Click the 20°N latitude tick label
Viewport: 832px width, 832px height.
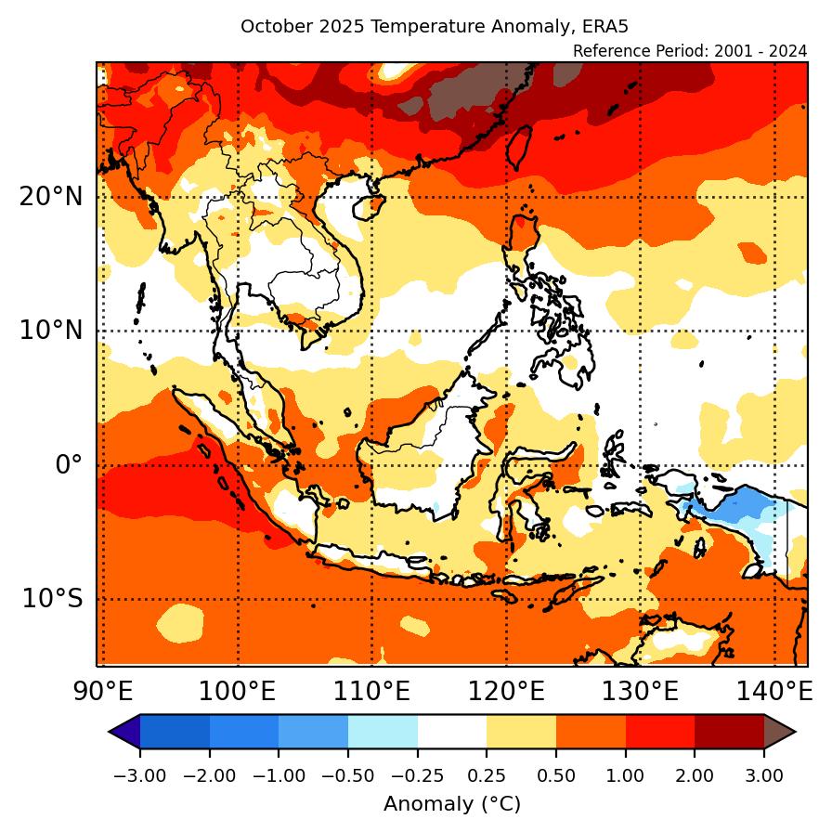[50, 197]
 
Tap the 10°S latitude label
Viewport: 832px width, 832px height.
[53, 599]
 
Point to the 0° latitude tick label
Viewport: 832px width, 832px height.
[69, 464]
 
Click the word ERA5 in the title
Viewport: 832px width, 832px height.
[619, 26]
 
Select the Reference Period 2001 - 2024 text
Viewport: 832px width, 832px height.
[690, 50]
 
